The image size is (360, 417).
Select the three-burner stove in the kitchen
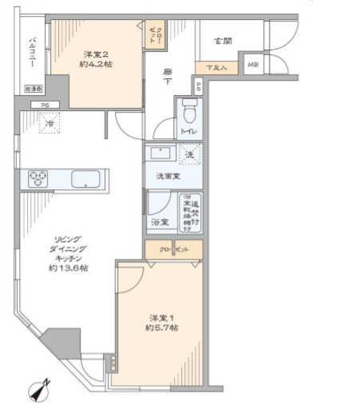[x=39, y=179]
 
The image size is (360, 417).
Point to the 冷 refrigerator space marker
[x=50, y=124]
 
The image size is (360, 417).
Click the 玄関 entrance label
[x=223, y=40]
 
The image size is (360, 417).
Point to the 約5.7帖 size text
[x=161, y=328]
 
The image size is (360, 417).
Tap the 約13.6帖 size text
[x=72, y=268]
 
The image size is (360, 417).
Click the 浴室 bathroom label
[x=159, y=221]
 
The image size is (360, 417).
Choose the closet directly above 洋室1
[x=174, y=248]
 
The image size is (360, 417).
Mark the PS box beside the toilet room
[x=196, y=85]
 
